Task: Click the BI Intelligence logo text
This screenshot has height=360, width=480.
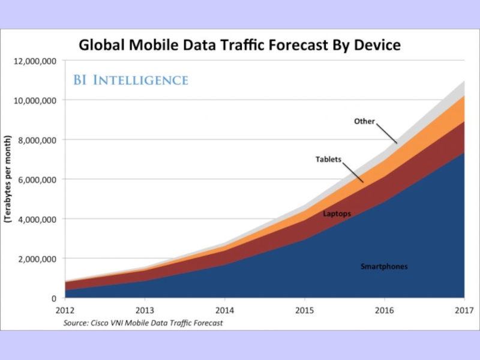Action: pyautogui.click(x=131, y=80)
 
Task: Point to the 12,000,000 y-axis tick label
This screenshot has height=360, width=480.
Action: pyautogui.click(x=35, y=61)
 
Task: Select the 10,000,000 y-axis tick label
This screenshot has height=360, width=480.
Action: pyautogui.click(x=35, y=100)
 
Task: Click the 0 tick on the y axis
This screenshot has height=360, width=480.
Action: pyautogui.click(x=53, y=298)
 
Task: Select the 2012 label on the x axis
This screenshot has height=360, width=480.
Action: pyautogui.click(x=65, y=310)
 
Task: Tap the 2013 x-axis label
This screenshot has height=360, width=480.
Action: pyautogui.click(x=145, y=310)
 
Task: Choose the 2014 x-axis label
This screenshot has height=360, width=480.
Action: pyautogui.click(x=224, y=310)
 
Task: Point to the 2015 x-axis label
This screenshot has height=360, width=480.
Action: pyautogui.click(x=304, y=310)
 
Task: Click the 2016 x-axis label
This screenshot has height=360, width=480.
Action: pyautogui.click(x=384, y=310)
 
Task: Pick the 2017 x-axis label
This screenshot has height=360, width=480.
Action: pyautogui.click(x=464, y=310)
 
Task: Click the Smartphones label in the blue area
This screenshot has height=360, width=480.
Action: pyautogui.click(x=384, y=266)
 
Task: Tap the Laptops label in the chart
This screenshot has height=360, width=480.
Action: pyautogui.click(x=337, y=214)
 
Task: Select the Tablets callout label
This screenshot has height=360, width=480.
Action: pyautogui.click(x=328, y=160)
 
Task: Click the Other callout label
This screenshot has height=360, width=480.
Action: pyautogui.click(x=364, y=121)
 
